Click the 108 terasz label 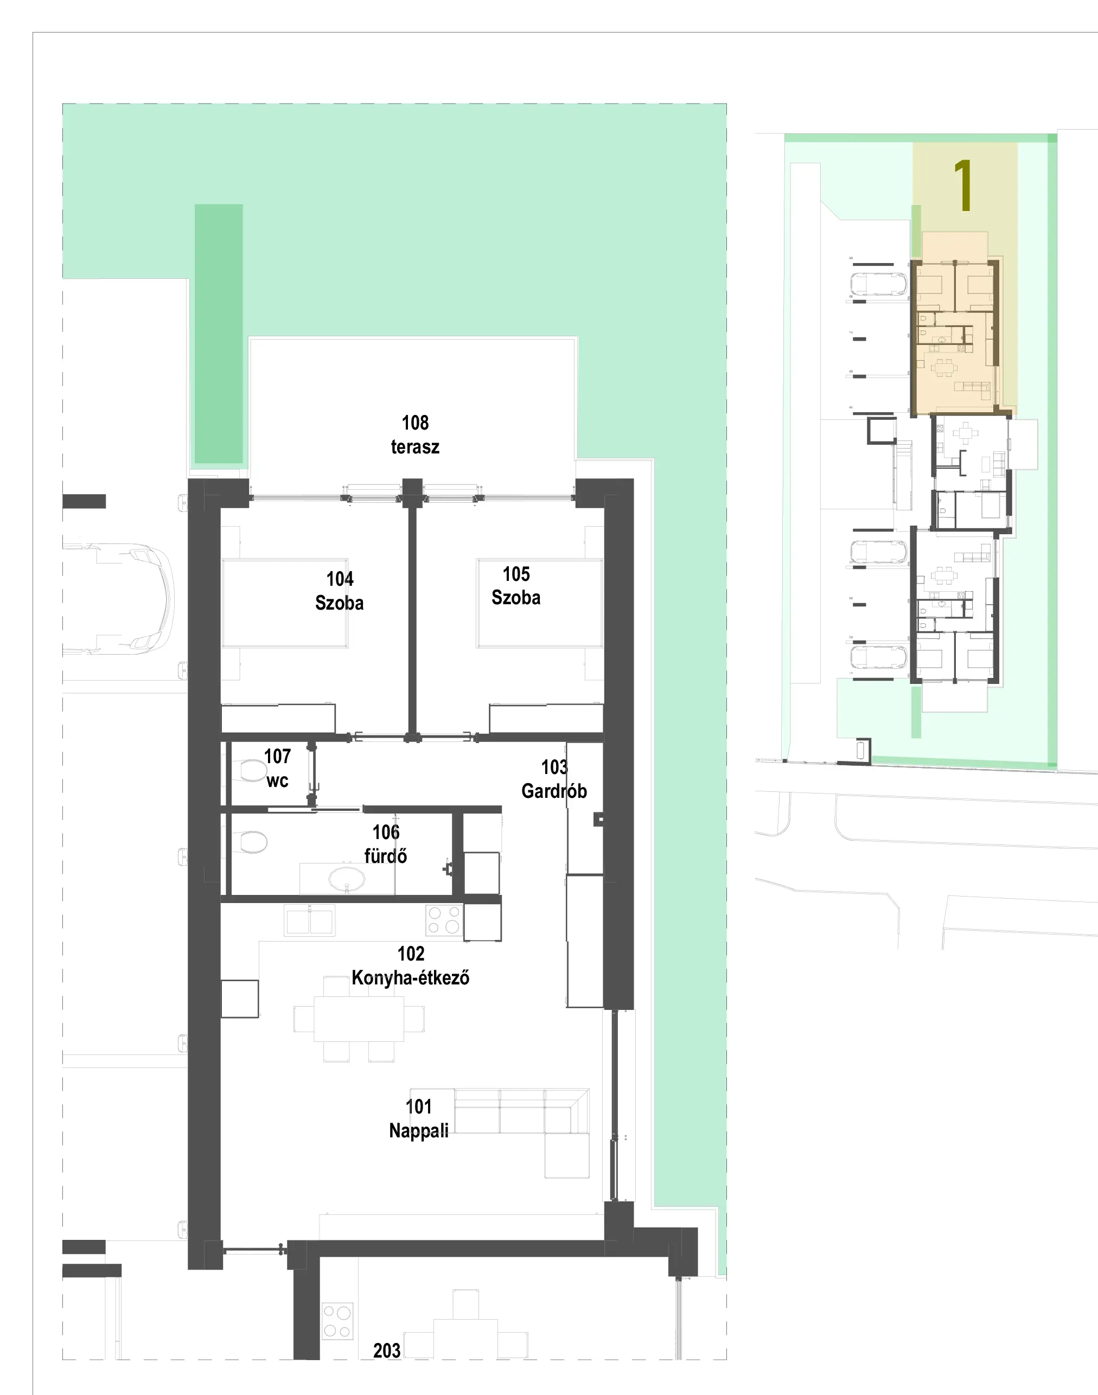[x=416, y=435]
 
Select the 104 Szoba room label [x=340, y=591]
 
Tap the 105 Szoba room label [x=516, y=586]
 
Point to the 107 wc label [x=277, y=769]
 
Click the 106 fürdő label [x=386, y=844]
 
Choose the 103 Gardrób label [x=554, y=779]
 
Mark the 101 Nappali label [x=418, y=1119]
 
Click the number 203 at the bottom [x=387, y=1351]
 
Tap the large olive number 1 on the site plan [x=963, y=185]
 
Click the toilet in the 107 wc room [x=252, y=770]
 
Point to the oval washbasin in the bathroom [x=347, y=878]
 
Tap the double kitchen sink [x=310, y=920]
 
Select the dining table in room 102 [x=359, y=1019]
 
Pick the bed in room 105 [x=540, y=603]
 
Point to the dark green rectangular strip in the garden [x=219, y=334]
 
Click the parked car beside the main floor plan [x=118, y=599]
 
